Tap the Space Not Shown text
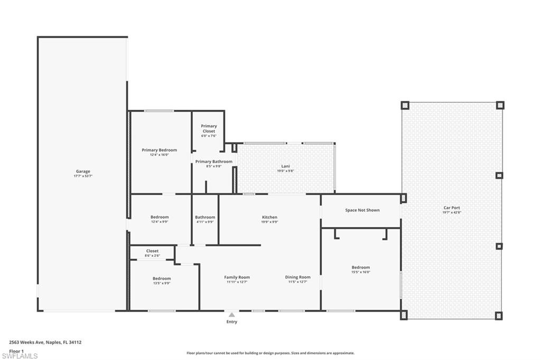coord(362,210)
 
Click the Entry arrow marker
coord(231,315)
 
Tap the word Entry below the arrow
coord(231,321)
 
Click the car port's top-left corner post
coord(405,105)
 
